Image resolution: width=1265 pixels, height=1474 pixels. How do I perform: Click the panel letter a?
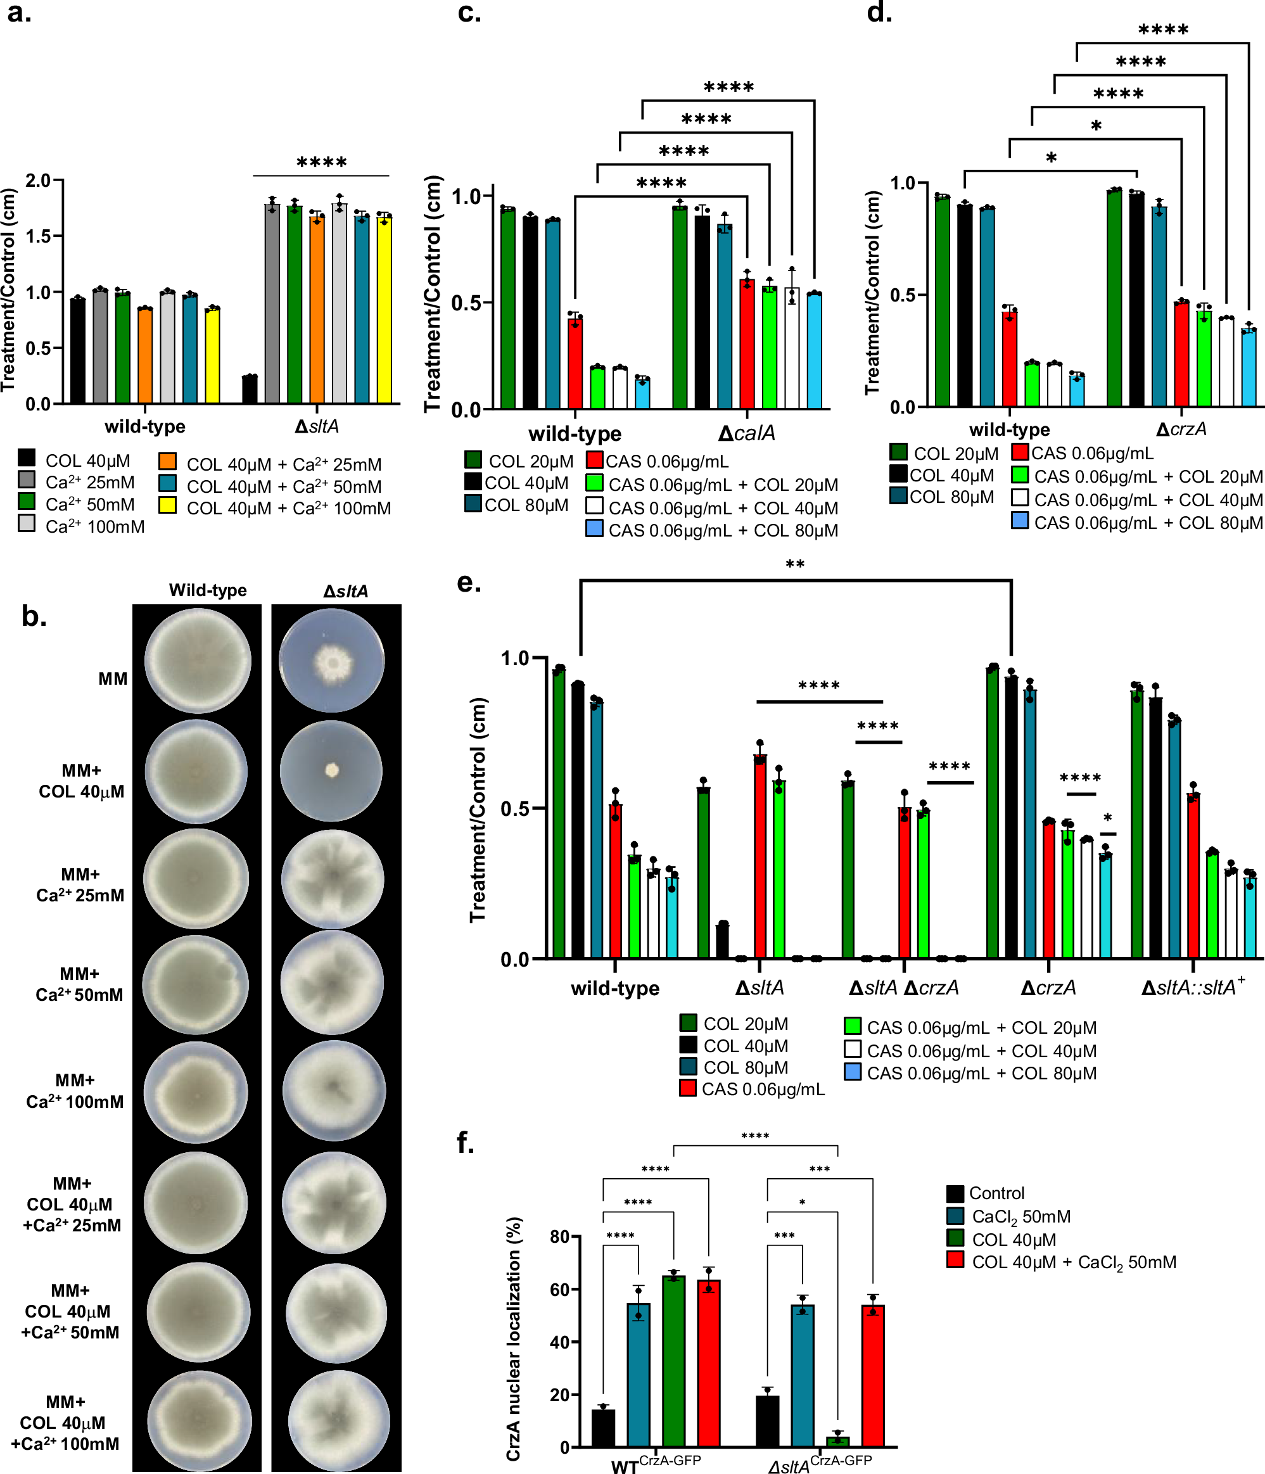pyautogui.click(x=19, y=13)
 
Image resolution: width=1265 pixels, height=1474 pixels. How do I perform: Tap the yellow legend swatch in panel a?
pyautogui.click(x=167, y=506)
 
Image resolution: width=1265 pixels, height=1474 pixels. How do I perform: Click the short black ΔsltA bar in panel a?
pyautogui.click(x=250, y=389)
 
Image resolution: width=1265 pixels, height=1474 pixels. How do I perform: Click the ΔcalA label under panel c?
pyautogui.click(x=746, y=433)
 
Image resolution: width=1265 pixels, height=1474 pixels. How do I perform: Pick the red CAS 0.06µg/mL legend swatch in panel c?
pyautogui.click(x=595, y=461)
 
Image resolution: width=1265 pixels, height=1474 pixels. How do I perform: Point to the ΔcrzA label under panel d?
pyautogui.click(x=1181, y=429)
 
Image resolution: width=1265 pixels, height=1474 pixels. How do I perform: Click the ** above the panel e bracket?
pyautogui.click(x=795, y=565)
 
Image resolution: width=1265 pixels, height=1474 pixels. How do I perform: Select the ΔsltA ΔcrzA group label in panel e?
pyautogui.click(x=903, y=988)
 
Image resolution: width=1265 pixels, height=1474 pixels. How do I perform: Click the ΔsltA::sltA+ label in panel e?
pyautogui.click(x=1193, y=988)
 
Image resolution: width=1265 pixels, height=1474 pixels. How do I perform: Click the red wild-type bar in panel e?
pyautogui.click(x=616, y=882)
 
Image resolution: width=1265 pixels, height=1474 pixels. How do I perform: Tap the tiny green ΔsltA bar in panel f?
pyautogui.click(x=837, y=1441)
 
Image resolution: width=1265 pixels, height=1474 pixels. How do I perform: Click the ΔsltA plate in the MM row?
pyautogui.click(x=331, y=661)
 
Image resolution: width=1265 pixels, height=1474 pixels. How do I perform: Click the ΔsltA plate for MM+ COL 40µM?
pyautogui.click(x=331, y=771)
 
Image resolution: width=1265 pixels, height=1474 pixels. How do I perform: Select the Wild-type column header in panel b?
pyautogui.click(x=208, y=590)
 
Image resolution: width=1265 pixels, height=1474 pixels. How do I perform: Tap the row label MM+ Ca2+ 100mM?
pyautogui.click(x=75, y=1091)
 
